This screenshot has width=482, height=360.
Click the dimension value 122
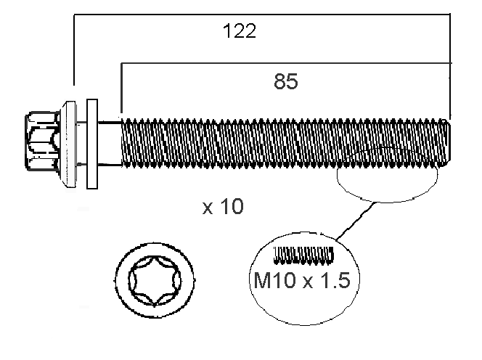[x=239, y=31]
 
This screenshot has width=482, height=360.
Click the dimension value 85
[x=285, y=81]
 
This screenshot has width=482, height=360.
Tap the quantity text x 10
[x=223, y=206]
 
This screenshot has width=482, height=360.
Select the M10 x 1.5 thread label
[x=302, y=280]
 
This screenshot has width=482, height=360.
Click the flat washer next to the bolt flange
[x=92, y=144]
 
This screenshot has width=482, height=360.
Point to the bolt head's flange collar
[x=69, y=144]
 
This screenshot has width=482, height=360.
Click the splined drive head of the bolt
[x=43, y=141]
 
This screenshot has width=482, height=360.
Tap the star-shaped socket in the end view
[x=155, y=280]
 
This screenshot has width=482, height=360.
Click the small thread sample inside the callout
[x=303, y=255]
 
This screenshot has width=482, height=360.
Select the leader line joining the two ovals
[x=356, y=221]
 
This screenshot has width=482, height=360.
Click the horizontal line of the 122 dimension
[x=262, y=14]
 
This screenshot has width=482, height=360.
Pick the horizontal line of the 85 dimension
[x=287, y=63]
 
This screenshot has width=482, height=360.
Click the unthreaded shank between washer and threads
[x=110, y=144]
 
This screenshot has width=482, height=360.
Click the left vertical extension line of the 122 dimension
[x=74, y=49]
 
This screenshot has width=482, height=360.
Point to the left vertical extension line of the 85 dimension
[x=121, y=89]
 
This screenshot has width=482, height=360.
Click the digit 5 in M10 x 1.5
[x=343, y=280]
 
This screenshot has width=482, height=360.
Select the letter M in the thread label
[x=261, y=280]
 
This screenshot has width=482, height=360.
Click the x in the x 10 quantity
[x=208, y=209]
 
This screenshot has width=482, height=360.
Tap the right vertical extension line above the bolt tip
[x=450, y=66]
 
